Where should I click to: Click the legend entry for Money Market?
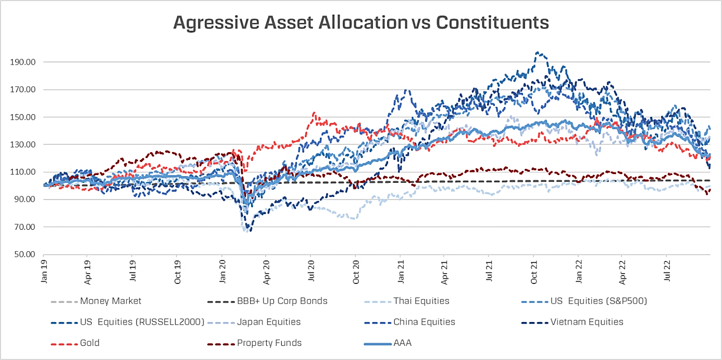coord(110,301)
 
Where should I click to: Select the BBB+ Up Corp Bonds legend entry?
coord(282,301)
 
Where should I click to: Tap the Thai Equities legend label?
coord(421,301)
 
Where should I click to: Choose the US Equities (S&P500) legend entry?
coord(599,301)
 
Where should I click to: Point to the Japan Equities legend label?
coord(268,322)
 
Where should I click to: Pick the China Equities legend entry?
coord(424,322)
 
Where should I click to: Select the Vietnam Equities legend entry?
coord(587,322)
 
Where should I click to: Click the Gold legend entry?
coord(90,343)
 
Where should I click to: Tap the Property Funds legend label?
coord(269,343)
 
